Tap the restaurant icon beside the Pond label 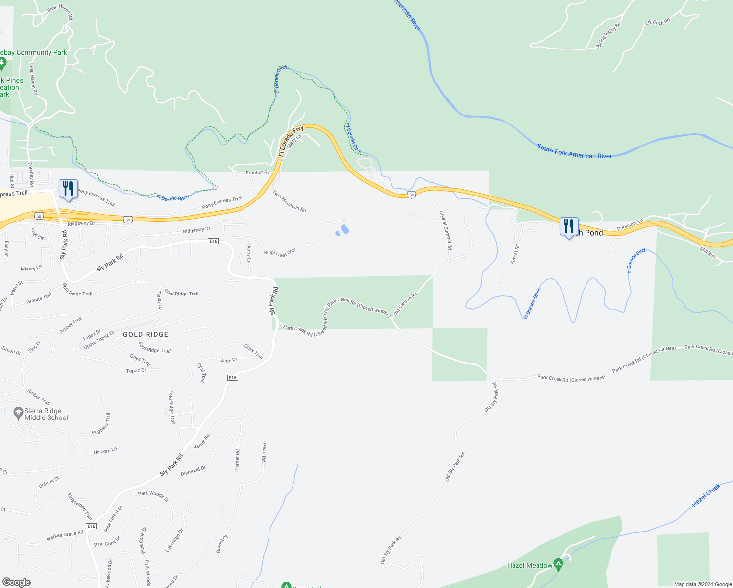pos(568,226)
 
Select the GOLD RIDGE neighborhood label pos(146,334)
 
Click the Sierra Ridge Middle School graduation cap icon pos(18,414)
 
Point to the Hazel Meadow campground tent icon pos(558,564)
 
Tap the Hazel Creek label pos(706,495)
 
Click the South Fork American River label pos(574,151)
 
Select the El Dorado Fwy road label pos(291,141)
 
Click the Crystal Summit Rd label pos(445,230)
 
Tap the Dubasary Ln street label pos(630,225)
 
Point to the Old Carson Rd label pos(405,303)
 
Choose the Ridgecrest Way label pos(280,253)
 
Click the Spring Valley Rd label pos(608,35)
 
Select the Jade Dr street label pos(229,360)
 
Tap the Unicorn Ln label pos(105,450)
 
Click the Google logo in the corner pos(17,582)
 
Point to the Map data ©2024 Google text pos(703,584)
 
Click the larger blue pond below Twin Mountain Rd pos(344,229)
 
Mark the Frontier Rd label pos(258,172)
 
